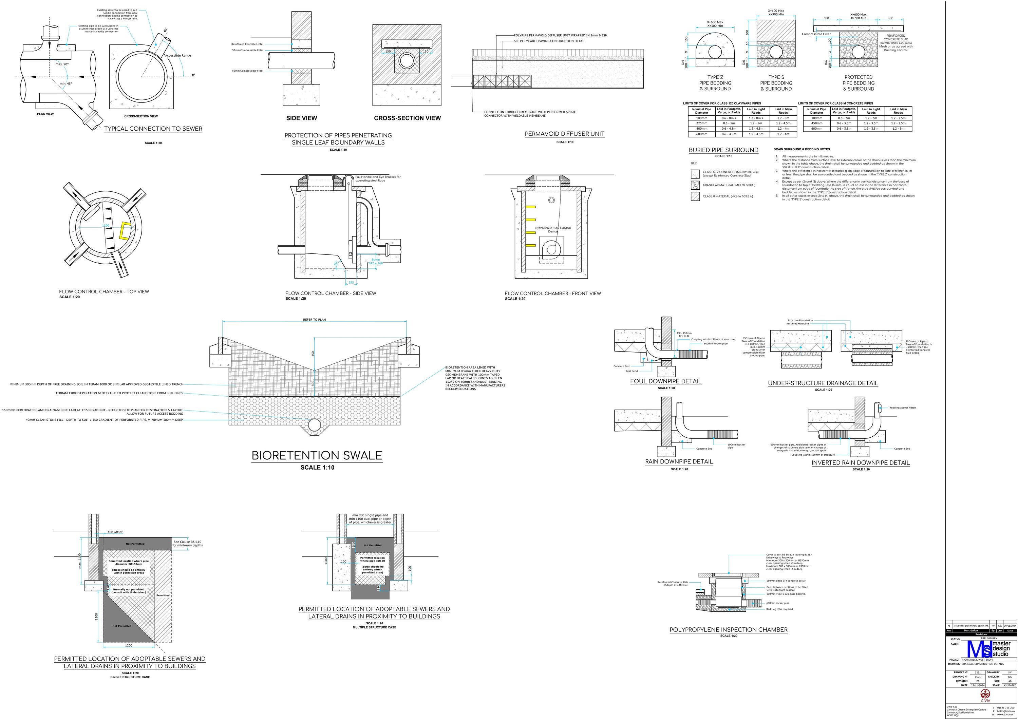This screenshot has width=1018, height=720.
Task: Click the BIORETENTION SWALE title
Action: tap(317, 455)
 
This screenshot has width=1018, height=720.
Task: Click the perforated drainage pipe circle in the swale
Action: tap(314, 425)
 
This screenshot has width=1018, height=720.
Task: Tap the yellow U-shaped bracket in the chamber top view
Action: tap(125, 231)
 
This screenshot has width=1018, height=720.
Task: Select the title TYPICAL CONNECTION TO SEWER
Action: tap(153, 129)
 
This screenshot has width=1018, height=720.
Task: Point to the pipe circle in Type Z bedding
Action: tap(715, 52)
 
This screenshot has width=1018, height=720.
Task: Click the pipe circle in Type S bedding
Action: tap(776, 52)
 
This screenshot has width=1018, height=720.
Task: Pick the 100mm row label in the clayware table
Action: tap(701, 118)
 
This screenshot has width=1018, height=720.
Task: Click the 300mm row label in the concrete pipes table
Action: tap(816, 118)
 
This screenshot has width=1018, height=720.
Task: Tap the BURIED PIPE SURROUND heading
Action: tap(723, 150)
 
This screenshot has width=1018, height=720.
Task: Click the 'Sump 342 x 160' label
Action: tap(376, 262)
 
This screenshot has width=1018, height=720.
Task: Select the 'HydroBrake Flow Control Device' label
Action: tap(553, 230)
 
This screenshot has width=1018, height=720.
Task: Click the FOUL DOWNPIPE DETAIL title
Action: tap(665, 381)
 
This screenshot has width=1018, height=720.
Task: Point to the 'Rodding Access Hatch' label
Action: tap(902, 408)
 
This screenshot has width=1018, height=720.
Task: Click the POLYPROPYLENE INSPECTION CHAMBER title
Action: tap(729, 629)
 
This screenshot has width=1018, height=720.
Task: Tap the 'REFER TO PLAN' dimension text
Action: tap(314, 320)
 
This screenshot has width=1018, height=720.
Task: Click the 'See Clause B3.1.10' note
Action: tap(188, 543)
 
